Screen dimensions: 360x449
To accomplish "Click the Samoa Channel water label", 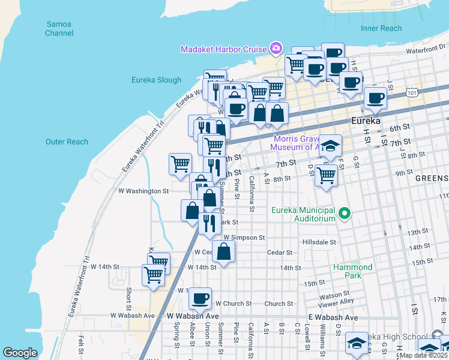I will (x=59, y=28).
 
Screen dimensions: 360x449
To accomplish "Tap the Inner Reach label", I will (x=381, y=28).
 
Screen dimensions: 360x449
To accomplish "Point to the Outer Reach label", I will (x=67, y=142).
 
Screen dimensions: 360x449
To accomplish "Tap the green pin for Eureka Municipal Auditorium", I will (x=345, y=213).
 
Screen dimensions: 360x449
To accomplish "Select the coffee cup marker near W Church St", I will (x=200, y=298).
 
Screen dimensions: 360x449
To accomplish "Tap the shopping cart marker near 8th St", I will (x=326, y=175).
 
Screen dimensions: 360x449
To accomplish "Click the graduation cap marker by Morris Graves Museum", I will (x=330, y=145).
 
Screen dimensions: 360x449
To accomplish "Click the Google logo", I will (x=20, y=353).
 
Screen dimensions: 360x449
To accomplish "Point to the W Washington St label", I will (x=144, y=191).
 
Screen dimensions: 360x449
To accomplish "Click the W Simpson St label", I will (x=244, y=238).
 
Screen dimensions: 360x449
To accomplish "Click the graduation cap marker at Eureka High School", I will (x=357, y=343).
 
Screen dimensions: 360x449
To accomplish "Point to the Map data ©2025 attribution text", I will (x=423, y=355).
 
